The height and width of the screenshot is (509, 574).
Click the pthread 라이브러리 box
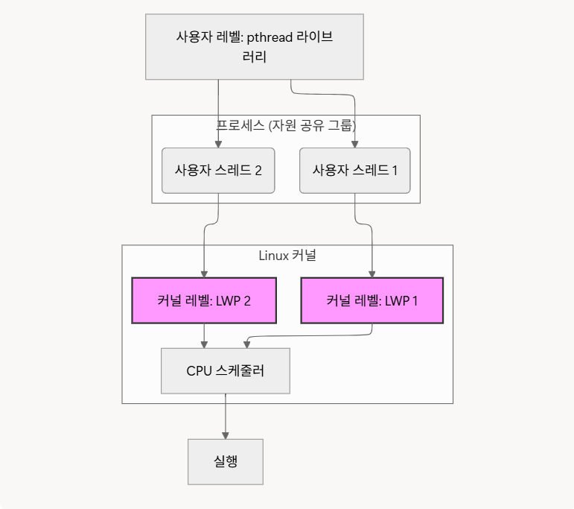[254, 46]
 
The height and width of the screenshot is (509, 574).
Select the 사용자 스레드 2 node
[218, 170]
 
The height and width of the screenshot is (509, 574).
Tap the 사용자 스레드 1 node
[354, 170]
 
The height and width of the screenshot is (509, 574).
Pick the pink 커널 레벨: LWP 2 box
[203, 300]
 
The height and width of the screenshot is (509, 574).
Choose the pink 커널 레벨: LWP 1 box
[371, 300]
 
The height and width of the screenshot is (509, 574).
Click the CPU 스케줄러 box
[225, 370]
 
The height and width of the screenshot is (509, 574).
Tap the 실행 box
[225, 462]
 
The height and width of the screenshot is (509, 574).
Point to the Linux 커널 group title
[287, 256]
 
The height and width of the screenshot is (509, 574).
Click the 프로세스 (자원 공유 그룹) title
[286, 125]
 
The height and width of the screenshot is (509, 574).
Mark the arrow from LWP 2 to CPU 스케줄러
[205, 335]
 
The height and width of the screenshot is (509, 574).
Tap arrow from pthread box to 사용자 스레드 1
[328, 95]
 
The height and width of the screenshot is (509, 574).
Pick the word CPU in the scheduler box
[199, 370]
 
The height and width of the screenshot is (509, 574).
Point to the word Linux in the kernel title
[272, 256]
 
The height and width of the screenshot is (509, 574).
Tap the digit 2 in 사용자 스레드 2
[258, 170]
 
